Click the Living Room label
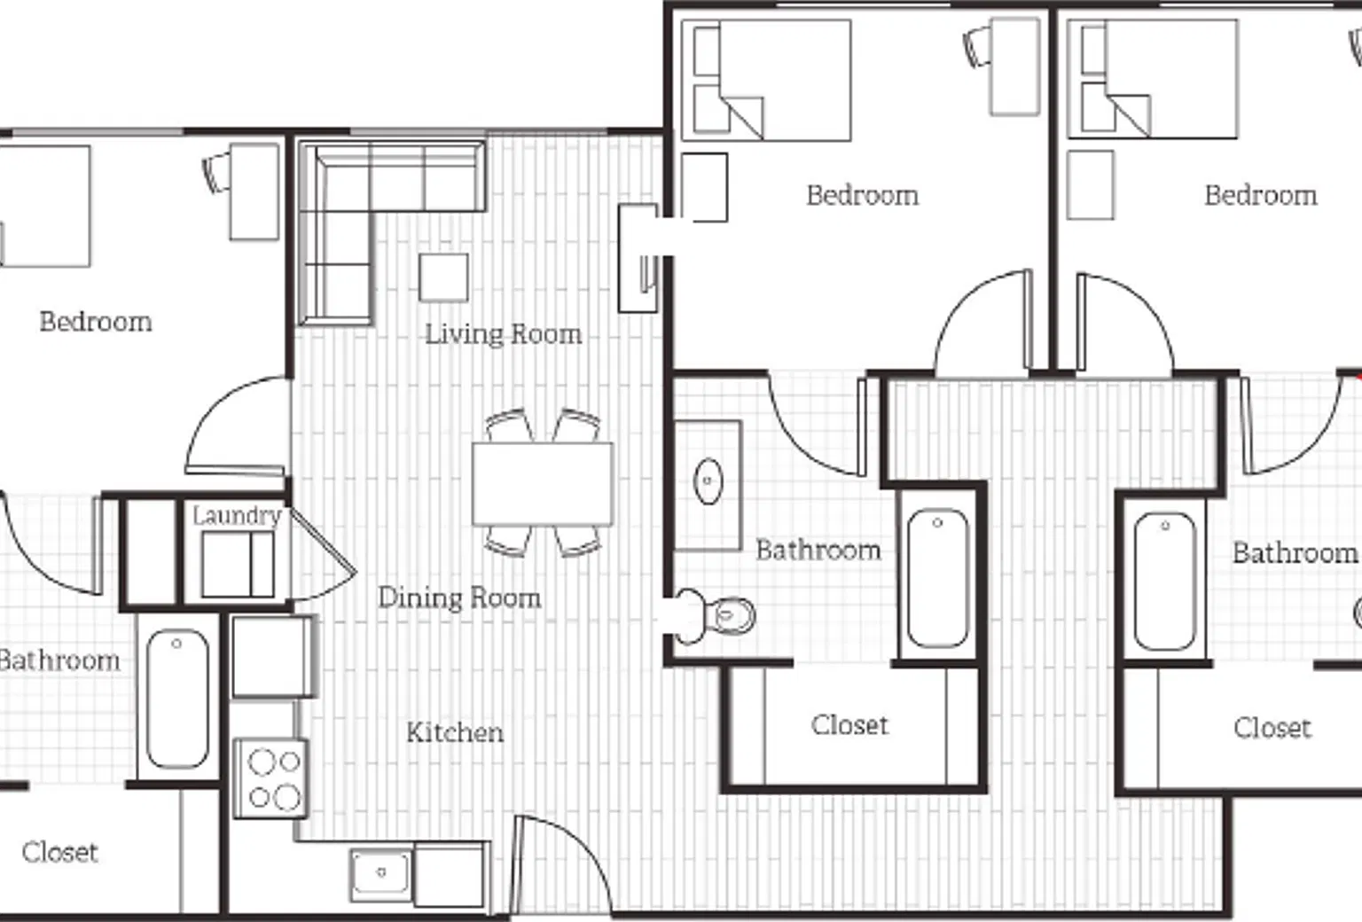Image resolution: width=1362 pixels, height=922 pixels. pos(503,334)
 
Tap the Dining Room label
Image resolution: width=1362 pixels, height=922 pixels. pos(459,598)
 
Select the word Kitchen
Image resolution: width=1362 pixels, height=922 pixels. pos(455,732)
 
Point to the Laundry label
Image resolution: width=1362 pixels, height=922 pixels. pos(237,517)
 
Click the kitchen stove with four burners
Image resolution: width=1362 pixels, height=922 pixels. pos(271,779)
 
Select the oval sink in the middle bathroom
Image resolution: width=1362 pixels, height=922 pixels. pos(708,481)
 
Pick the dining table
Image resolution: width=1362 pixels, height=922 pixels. pos(543,484)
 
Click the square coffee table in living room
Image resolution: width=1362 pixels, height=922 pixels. pos(444,277)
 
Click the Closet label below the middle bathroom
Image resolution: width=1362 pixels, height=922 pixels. pos(849,725)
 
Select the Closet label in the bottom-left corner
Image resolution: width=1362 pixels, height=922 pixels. pos(59,853)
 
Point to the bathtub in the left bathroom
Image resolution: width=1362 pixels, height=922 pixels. pos(177,699)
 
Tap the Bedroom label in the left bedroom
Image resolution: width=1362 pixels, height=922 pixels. pos(96,322)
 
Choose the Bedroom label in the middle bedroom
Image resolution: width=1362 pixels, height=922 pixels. pos(862,196)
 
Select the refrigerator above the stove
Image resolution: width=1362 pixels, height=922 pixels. pos(273,656)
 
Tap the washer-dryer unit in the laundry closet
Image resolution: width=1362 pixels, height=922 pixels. pos(238,565)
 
